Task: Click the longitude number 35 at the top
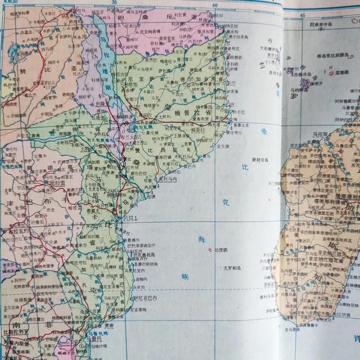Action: tap(114, 4)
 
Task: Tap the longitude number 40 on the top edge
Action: tap(214, 6)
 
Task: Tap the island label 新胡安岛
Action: tap(261, 159)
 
